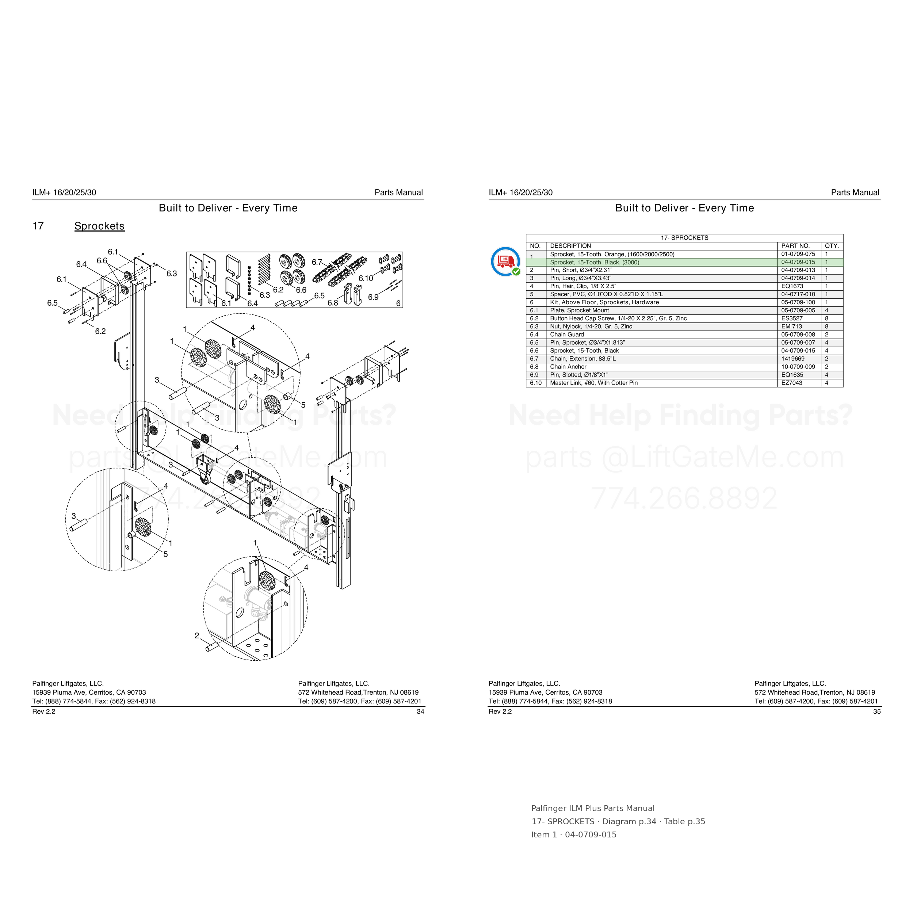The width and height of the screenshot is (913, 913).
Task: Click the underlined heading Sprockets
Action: (x=99, y=226)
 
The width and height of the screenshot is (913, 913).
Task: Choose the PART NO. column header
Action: (x=795, y=246)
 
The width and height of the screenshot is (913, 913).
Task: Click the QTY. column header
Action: (x=832, y=246)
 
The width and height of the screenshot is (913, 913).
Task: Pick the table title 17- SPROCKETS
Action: (x=684, y=238)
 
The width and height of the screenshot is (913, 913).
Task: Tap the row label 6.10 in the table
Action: (x=536, y=383)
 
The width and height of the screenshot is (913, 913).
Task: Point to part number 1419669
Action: (x=792, y=359)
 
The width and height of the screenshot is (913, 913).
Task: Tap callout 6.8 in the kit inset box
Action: (x=333, y=302)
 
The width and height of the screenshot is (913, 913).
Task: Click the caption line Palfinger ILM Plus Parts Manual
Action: (x=593, y=809)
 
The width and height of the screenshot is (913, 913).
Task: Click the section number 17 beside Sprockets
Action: (x=38, y=226)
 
